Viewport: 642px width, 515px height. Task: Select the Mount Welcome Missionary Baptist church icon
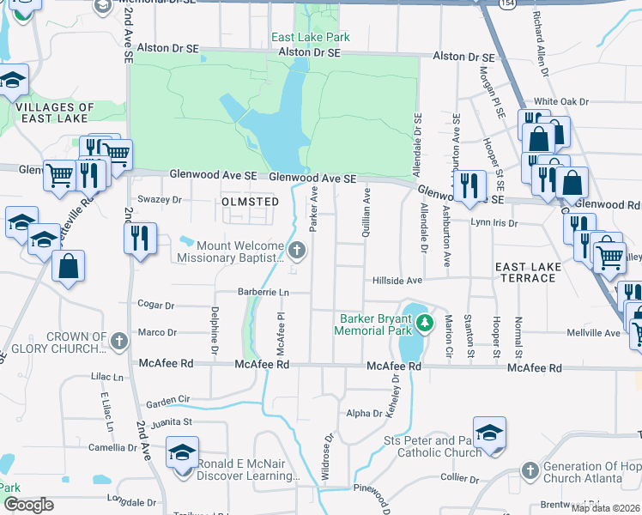pyautogui.click(x=297, y=251)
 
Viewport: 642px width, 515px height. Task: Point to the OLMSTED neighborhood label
pyautogui.click(x=251, y=202)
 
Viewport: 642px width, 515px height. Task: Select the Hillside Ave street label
pyautogui.click(x=397, y=281)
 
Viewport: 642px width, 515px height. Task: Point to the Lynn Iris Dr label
pyautogui.click(x=495, y=222)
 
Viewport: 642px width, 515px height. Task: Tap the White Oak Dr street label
pyautogui.click(x=560, y=101)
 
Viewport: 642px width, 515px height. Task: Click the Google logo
pyautogui.click(x=28, y=505)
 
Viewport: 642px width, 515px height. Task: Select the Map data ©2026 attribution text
pyautogui.click(x=606, y=508)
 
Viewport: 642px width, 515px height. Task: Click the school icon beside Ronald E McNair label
pyautogui.click(x=182, y=452)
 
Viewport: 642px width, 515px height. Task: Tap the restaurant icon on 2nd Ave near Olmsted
pyautogui.click(x=140, y=238)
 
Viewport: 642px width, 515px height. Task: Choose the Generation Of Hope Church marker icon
pyautogui.click(x=530, y=471)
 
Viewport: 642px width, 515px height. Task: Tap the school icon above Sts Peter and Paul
pyautogui.click(x=489, y=433)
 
